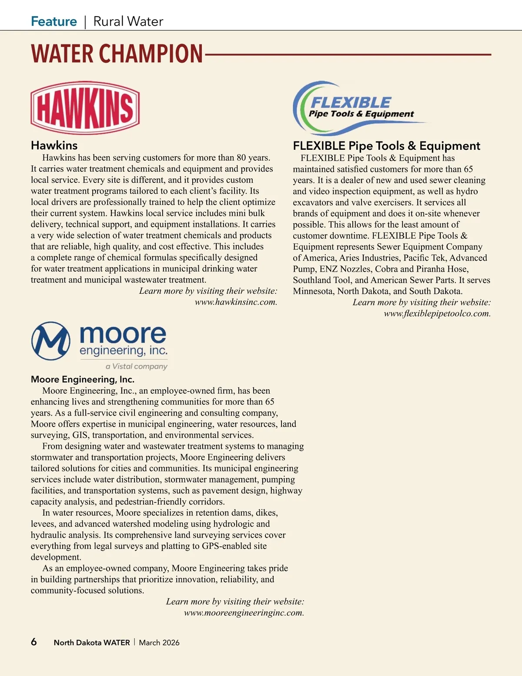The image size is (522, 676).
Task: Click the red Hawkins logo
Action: click(x=85, y=108)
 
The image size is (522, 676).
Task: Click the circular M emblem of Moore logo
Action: click(x=51, y=341)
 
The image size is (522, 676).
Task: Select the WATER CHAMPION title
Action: click(x=117, y=54)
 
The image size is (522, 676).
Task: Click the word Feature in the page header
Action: click(x=54, y=21)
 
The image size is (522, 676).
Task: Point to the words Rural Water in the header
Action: click(x=128, y=21)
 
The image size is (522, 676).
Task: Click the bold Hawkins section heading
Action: click(x=54, y=145)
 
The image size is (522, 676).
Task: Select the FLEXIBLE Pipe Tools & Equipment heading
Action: click(x=386, y=146)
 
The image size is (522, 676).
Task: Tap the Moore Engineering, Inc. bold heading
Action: click(x=83, y=379)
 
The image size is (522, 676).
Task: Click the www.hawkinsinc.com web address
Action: click(x=236, y=302)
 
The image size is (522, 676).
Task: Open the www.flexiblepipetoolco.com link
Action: click(x=437, y=313)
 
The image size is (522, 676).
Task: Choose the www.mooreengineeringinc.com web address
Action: click(x=244, y=613)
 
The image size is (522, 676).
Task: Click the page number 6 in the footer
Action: click(x=34, y=642)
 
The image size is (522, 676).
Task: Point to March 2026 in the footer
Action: click(x=159, y=642)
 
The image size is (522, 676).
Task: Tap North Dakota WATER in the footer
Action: click(x=92, y=642)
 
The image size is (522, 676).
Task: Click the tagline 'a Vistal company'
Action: click(x=137, y=367)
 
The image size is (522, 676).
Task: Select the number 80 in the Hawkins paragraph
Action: click(x=241, y=158)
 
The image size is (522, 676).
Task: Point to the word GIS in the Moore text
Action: click(x=80, y=435)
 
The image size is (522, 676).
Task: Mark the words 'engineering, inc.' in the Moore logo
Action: click(x=124, y=351)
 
